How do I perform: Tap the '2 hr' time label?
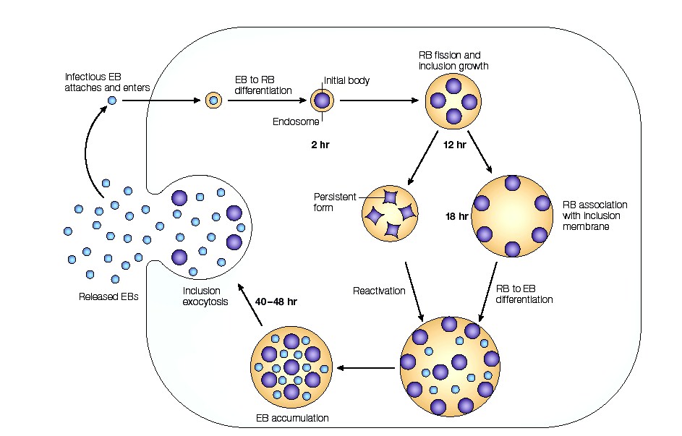click(x=316, y=145)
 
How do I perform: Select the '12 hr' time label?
click(x=455, y=145)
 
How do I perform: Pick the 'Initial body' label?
click(x=346, y=80)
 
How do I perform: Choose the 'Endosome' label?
click(x=292, y=121)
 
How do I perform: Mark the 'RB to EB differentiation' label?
click(x=524, y=293)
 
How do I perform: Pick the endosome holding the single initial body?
click(x=323, y=101)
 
